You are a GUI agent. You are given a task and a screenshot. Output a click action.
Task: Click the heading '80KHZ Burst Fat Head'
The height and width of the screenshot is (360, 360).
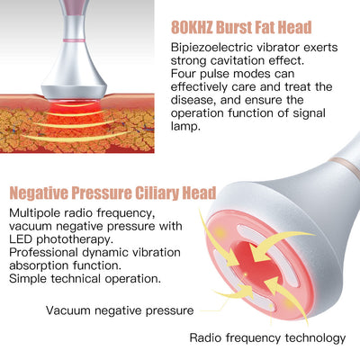[241, 27]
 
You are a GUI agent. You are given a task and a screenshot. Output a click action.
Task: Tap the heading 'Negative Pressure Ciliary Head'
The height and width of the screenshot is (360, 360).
[112, 193]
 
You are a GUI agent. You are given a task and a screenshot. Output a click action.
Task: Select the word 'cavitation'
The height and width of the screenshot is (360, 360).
[237, 60]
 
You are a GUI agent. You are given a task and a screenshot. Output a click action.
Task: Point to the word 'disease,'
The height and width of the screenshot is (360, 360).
[193, 100]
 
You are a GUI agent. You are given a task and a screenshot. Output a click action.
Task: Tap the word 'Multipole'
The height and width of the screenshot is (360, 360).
[35, 213]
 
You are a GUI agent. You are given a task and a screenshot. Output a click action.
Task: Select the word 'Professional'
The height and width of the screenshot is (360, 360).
[43, 253]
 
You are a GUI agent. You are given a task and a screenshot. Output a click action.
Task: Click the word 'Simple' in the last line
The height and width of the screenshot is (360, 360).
[28, 279]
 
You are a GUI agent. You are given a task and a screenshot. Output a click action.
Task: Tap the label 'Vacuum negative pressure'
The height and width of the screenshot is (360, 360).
[120, 310]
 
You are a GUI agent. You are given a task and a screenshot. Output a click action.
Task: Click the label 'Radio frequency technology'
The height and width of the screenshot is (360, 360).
[267, 338]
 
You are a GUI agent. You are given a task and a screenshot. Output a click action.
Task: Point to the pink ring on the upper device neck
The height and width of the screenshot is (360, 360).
[74, 40]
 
